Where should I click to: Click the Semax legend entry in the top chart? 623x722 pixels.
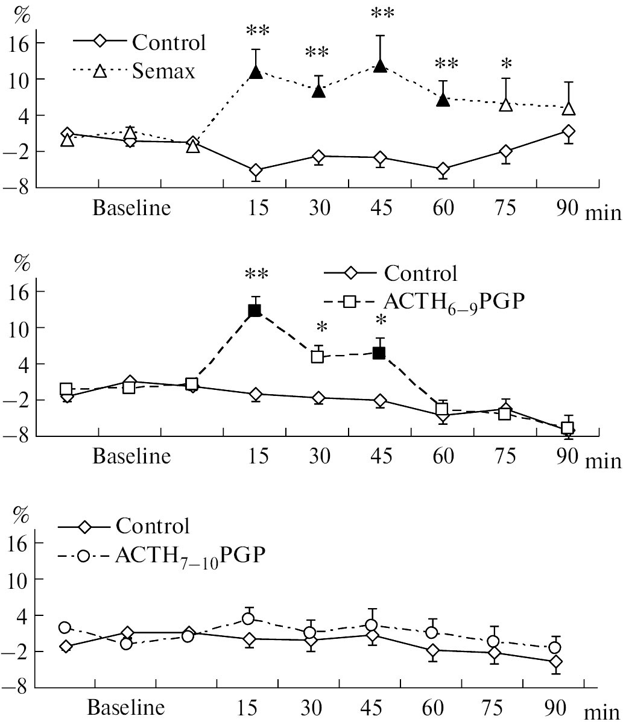tap(165, 71)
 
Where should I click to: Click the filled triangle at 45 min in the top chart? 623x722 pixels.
tap(380, 66)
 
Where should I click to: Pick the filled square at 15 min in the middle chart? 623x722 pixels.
tap(255, 311)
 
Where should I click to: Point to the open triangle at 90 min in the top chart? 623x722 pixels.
tap(568, 108)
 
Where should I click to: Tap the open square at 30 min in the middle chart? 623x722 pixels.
tap(317, 357)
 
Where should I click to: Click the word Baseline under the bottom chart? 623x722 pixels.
tap(127, 706)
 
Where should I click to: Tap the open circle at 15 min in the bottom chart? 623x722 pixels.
tap(248, 619)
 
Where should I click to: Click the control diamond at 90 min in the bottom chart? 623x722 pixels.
tap(555, 662)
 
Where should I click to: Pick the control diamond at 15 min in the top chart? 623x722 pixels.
tap(256, 171)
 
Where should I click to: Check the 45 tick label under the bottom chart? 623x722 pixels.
tap(375, 706)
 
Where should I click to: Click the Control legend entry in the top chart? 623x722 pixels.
tap(169, 42)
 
